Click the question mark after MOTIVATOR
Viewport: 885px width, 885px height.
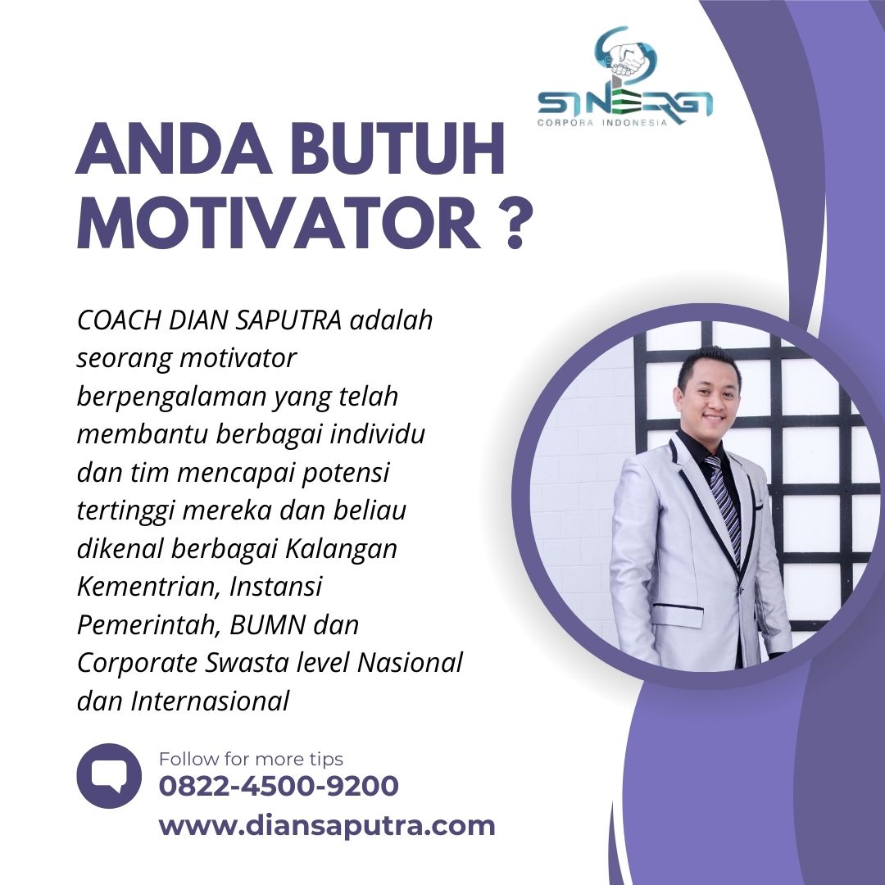tap(515, 224)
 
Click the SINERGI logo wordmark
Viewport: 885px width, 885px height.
tap(624, 103)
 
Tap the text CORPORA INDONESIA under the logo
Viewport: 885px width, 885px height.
tap(602, 122)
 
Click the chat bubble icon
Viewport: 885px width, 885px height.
tap(109, 775)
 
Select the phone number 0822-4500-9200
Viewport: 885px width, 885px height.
tap(279, 786)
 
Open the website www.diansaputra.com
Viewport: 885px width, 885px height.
tap(327, 826)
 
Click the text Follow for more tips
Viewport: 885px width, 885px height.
tap(251, 759)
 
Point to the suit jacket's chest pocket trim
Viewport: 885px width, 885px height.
tap(678, 607)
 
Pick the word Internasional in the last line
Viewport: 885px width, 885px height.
tap(210, 701)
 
